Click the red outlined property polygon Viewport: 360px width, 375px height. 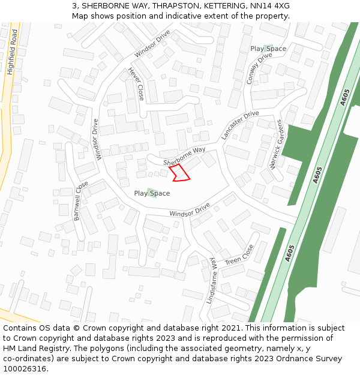coord(179,173)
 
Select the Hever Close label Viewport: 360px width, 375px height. coord(136,83)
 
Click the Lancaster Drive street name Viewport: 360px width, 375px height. coord(239,125)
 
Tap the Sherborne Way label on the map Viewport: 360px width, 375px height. coord(185,157)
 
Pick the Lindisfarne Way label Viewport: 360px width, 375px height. coord(211,280)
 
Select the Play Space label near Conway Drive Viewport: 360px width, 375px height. coord(268,49)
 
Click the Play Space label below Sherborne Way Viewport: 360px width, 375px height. coord(152,193)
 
